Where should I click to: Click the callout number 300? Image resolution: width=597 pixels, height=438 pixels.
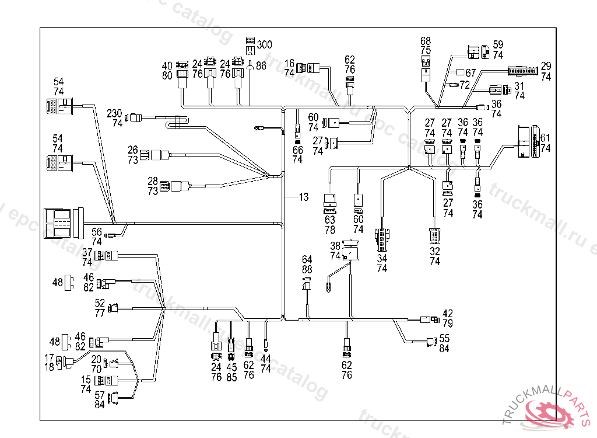click(265, 44)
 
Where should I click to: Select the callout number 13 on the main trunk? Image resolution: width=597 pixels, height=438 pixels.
click(304, 197)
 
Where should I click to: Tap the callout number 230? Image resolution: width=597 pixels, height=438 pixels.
click(115, 113)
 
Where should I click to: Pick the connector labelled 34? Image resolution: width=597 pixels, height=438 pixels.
click(382, 237)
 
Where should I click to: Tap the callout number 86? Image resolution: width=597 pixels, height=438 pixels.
click(261, 67)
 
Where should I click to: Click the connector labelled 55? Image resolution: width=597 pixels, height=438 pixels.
click(431, 342)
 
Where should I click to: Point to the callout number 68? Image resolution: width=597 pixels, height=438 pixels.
click(426, 41)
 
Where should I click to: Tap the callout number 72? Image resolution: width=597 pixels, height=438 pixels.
click(465, 85)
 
